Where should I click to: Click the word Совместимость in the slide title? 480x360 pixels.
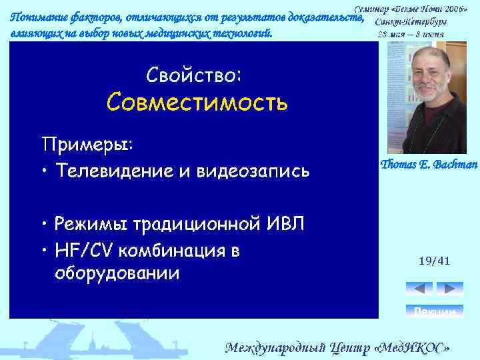coord(197,102)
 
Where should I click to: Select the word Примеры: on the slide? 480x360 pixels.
coord(87,144)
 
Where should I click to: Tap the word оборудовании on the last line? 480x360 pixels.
coord(117,273)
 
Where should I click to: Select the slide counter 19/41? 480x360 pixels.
coord(435,261)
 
